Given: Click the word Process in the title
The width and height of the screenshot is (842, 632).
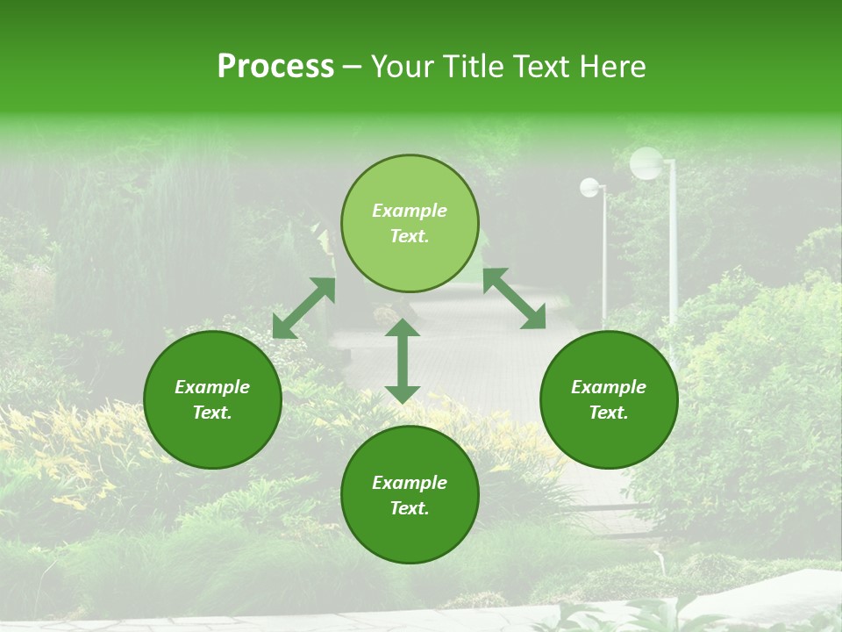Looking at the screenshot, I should coord(275,67).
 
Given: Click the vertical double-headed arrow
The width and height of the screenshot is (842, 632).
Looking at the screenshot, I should coord(403,361).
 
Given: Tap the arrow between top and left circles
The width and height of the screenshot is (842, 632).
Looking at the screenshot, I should coord(303,308).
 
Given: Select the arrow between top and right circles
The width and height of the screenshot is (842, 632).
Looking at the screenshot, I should coord(514,298).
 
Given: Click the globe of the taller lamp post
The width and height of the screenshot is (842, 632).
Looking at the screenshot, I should coord(646,163).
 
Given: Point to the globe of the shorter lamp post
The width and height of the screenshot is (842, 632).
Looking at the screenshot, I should coord(590,187).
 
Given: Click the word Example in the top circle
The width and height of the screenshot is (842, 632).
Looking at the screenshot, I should coord(410,211).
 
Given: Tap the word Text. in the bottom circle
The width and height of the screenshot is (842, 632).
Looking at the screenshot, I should coord(410,508).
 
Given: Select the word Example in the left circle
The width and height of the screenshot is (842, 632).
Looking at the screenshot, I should coord(212,387).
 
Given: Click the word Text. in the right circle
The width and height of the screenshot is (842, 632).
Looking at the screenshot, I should coord(609,413).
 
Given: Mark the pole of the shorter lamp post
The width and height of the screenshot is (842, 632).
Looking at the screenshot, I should coord(604,255).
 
